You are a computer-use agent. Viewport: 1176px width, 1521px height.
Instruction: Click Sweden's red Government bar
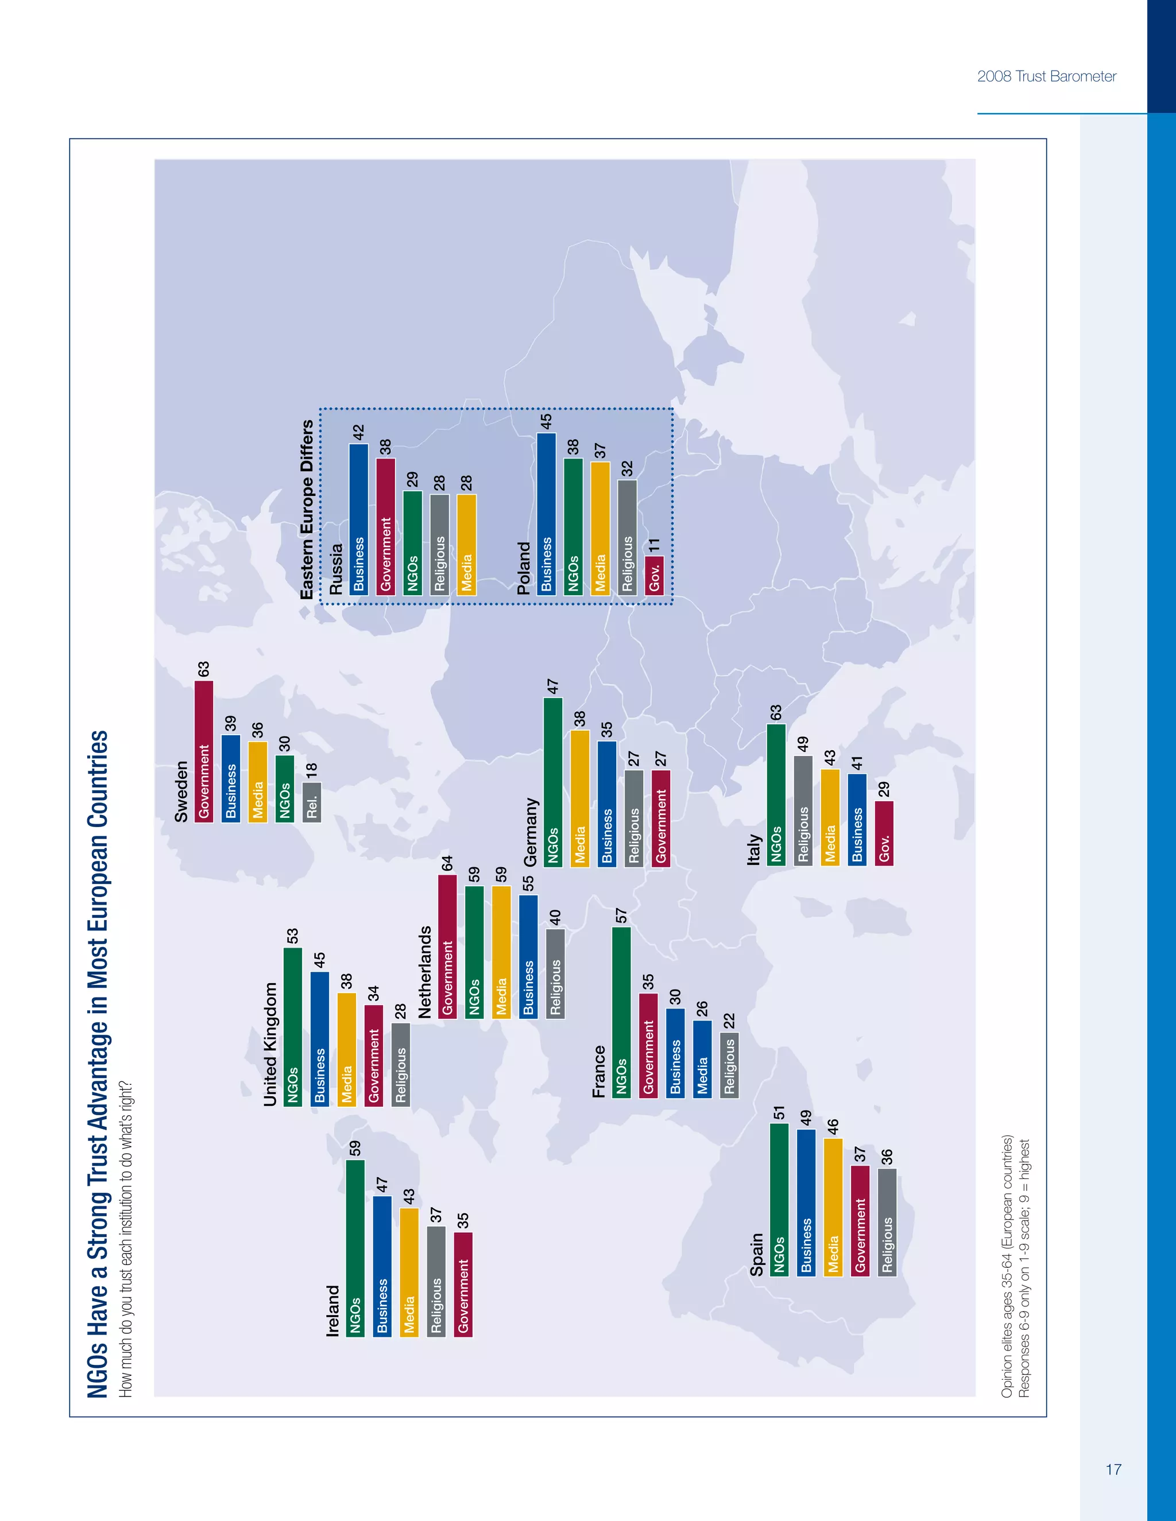203,751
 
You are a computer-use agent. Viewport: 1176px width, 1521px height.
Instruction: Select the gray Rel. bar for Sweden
311,802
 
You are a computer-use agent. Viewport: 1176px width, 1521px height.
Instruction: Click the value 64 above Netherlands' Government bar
447,863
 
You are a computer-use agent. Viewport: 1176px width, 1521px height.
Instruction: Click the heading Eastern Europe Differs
307,509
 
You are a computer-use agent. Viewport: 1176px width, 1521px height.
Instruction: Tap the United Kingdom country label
270,1044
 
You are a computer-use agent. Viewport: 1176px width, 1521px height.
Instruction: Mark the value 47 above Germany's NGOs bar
552,686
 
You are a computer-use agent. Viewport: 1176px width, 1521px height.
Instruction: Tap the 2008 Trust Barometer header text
1046,76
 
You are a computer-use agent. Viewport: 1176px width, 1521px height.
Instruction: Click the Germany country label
531,832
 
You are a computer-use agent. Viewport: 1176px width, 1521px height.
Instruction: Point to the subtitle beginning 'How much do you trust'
126,1239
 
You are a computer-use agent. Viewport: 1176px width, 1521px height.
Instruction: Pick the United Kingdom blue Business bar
320,1038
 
